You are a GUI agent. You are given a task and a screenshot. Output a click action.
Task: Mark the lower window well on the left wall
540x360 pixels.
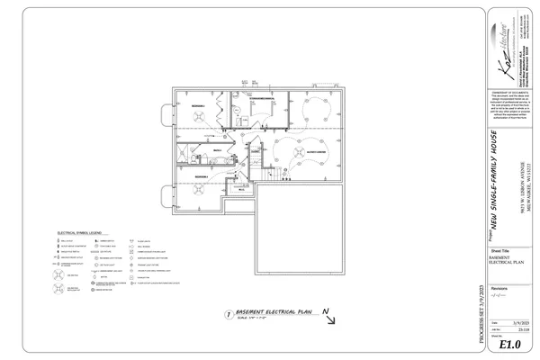click(x=166, y=193)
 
